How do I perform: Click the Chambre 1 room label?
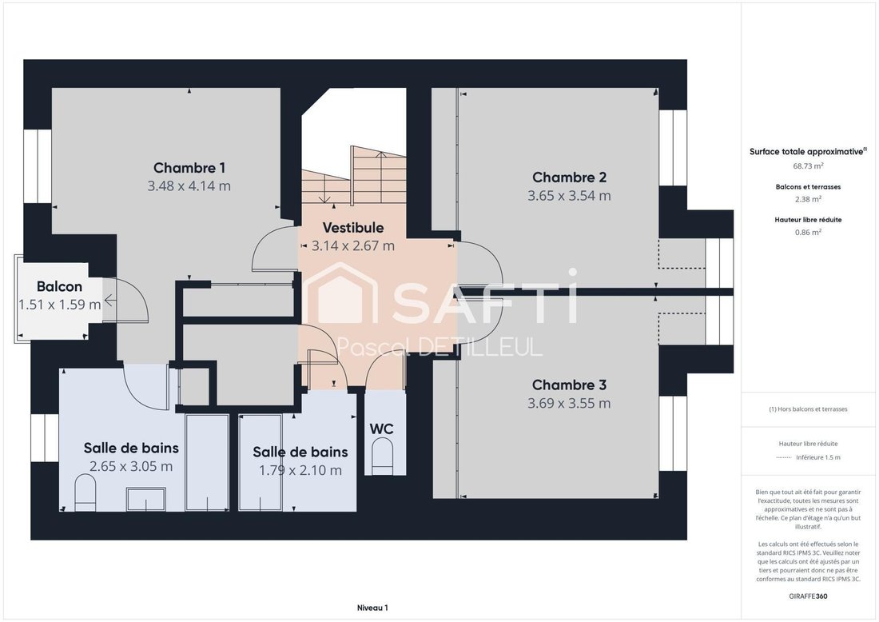(189, 168)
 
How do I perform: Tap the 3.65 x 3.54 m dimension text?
(569, 196)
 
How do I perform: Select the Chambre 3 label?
(569, 385)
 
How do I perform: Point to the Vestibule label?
(353, 228)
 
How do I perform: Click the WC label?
(381, 429)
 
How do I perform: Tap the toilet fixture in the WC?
(384, 452)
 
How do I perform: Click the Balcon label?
(59, 286)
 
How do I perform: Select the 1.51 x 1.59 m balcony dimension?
(59, 305)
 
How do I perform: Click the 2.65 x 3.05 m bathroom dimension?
(131, 466)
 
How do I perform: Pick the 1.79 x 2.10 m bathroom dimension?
(300, 470)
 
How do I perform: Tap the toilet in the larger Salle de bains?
(86, 492)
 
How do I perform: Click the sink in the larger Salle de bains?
(145, 499)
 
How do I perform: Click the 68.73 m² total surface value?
(808, 166)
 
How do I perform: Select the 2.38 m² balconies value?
(808, 199)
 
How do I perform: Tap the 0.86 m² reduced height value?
(808, 232)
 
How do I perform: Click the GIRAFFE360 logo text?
(808, 596)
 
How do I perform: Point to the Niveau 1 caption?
(372, 608)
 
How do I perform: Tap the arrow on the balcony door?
(110, 301)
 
